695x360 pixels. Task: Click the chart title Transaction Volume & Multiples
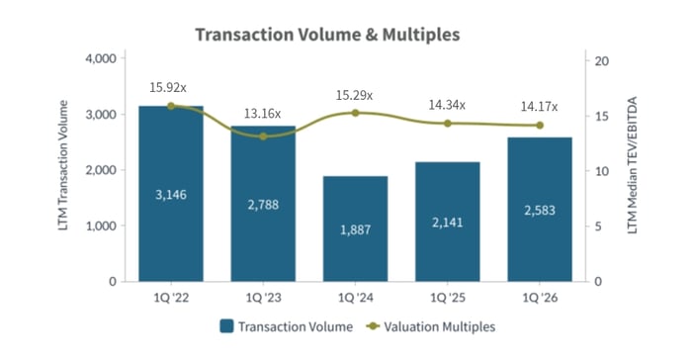[x=327, y=35]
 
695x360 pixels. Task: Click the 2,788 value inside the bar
[x=263, y=204]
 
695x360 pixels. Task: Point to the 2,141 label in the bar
[x=447, y=223]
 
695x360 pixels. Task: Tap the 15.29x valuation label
[x=355, y=95]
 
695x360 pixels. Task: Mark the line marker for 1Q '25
[x=447, y=124]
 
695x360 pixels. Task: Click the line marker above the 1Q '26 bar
[x=539, y=126]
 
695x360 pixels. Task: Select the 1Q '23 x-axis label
[x=263, y=296]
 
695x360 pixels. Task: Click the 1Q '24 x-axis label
[x=355, y=296]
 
